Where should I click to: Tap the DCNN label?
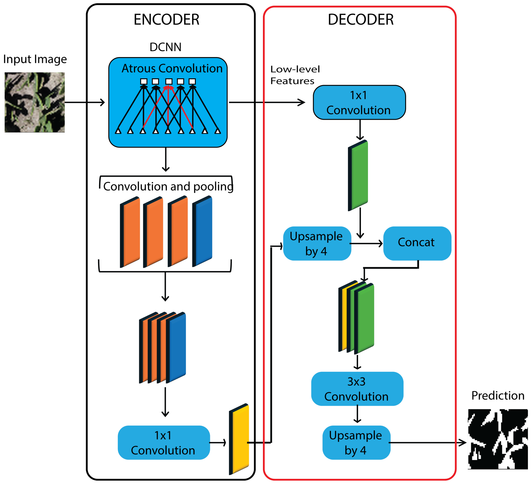[165, 47]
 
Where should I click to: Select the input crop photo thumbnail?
[34, 102]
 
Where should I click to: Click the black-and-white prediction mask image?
[497, 439]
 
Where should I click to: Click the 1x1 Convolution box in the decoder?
[359, 102]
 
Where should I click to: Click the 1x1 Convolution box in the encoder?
[164, 443]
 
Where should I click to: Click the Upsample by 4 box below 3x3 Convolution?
[356, 443]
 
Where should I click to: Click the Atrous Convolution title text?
[172, 68]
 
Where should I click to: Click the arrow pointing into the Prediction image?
[427, 443]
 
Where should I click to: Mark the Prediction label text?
[497, 395]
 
